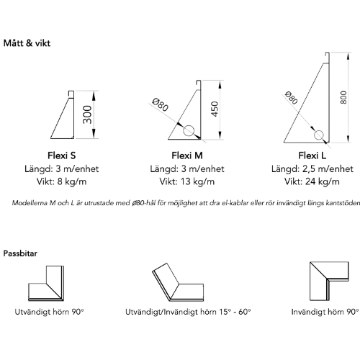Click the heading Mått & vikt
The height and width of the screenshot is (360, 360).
(27, 43)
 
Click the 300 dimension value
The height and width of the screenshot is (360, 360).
(87, 114)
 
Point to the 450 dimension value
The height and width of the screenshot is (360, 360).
(215, 109)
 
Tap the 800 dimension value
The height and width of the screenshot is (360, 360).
(343, 97)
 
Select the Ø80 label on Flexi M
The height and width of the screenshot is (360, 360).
(161, 106)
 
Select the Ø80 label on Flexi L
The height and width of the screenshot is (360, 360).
(291, 98)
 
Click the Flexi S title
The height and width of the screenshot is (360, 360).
(62, 156)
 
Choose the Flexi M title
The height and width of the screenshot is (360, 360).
(187, 156)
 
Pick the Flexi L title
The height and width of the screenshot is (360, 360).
(312, 156)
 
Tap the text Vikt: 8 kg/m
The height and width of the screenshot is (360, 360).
(61, 181)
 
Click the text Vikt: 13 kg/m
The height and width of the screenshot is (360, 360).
(187, 181)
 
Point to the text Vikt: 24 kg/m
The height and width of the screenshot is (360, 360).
(312, 181)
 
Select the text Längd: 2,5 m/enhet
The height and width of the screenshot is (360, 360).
(312, 169)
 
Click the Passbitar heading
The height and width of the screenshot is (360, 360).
(20, 253)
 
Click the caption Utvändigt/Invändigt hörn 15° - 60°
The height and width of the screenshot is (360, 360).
(188, 312)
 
